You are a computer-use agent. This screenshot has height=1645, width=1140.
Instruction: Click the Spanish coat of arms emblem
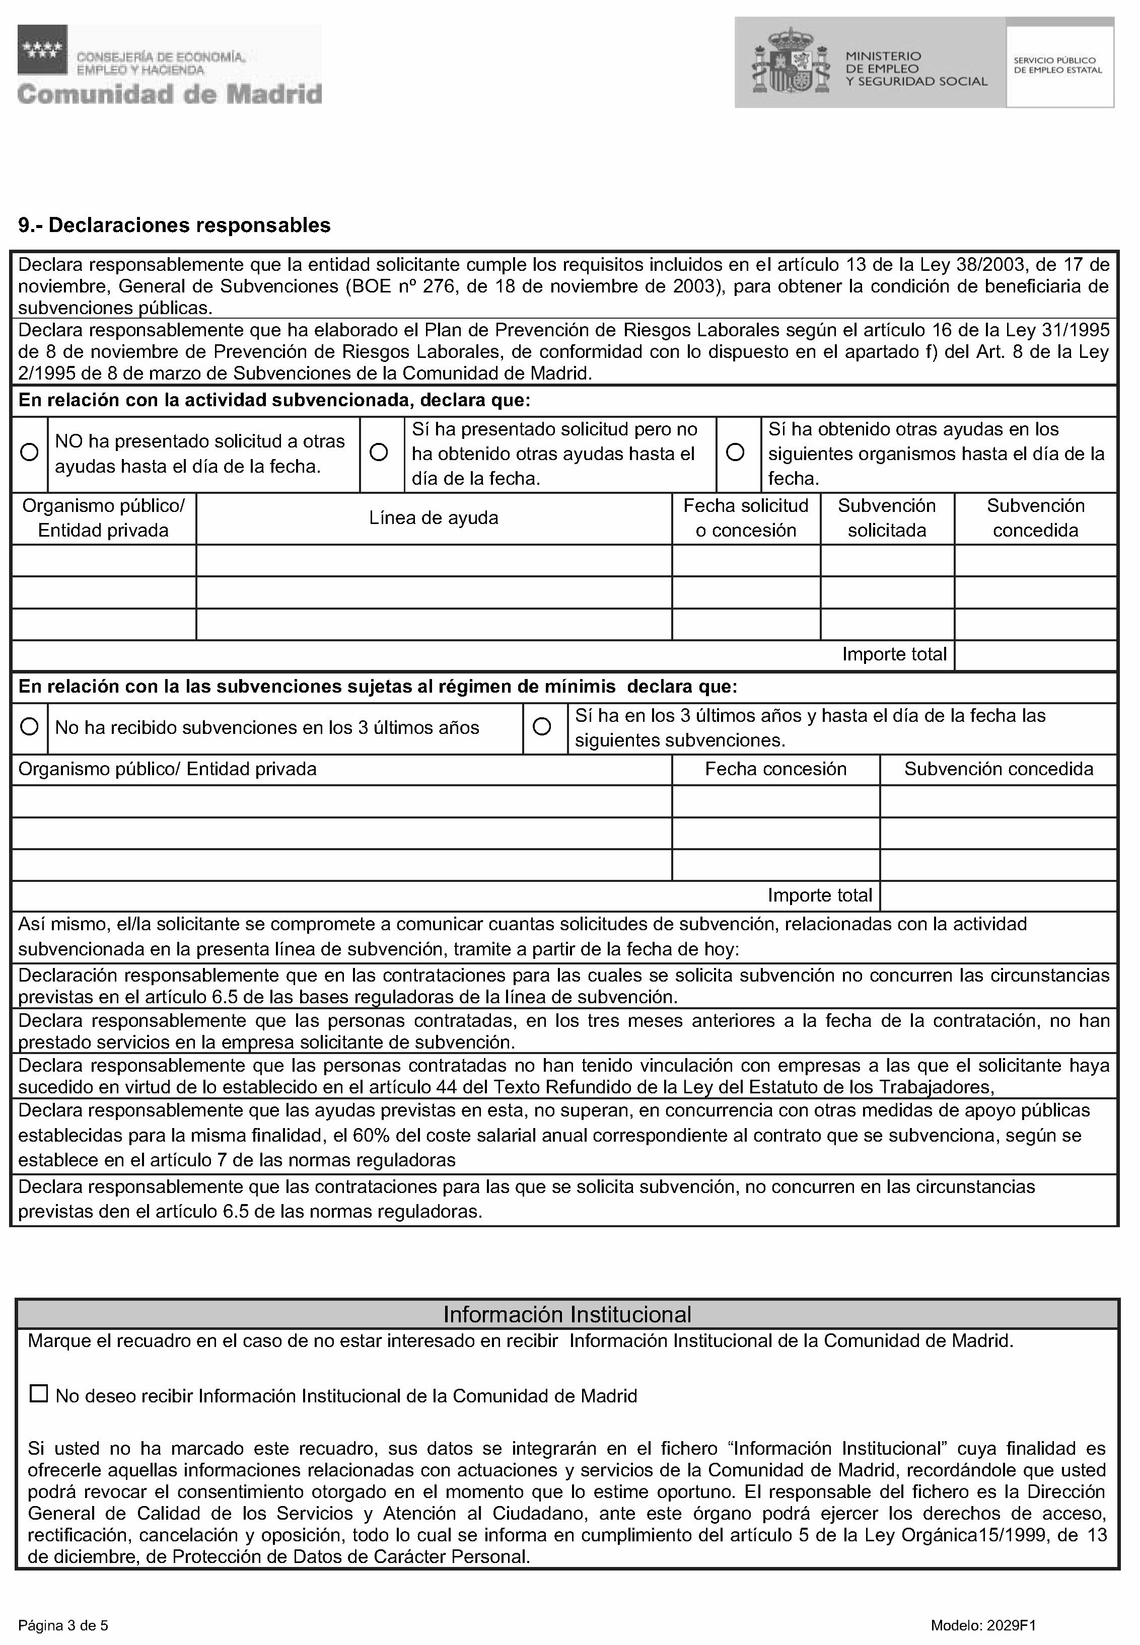[x=791, y=63]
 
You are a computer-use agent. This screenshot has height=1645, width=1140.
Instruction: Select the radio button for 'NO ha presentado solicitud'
[x=29, y=453]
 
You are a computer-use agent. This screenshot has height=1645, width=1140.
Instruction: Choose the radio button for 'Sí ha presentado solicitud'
[x=379, y=453]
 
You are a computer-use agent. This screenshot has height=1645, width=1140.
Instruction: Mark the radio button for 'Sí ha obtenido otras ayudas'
[x=735, y=453]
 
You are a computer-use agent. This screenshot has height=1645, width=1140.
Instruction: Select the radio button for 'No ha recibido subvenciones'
[x=29, y=727]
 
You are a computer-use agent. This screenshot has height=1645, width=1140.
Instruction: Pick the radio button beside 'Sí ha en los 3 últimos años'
[x=542, y=727]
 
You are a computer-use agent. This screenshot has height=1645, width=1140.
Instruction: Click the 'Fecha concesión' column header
[x=776, y=769]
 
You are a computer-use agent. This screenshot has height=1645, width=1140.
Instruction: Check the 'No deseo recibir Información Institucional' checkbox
[x=39, y=1394]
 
